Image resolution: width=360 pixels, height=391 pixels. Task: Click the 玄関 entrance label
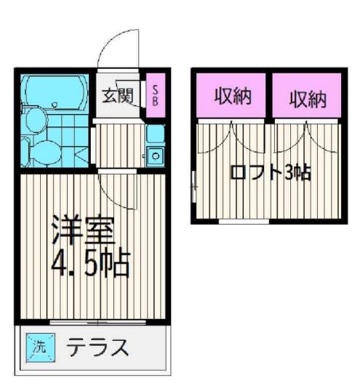116,95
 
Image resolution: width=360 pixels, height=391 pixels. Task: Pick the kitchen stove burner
155,153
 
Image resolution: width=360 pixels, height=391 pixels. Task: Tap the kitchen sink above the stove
155,134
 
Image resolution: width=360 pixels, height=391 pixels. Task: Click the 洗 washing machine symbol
38,346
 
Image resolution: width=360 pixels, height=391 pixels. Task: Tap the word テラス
98,347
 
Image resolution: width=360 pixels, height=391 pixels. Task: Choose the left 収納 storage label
233,97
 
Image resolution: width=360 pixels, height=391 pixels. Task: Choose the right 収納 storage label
306,97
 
